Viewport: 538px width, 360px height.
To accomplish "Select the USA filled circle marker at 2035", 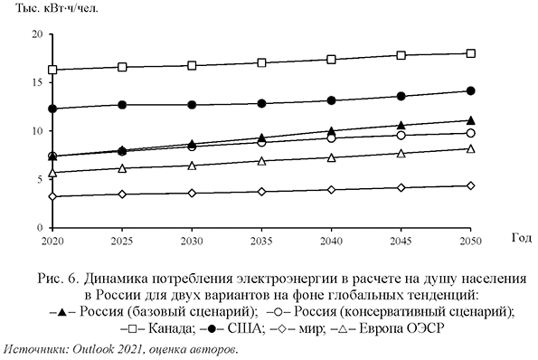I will [x=261, y=103].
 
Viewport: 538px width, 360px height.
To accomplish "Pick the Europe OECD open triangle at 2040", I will [x=332, y=157].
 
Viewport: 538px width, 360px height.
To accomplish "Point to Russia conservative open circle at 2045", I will [x=401, y=135].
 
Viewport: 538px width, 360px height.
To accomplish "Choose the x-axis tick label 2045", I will [x=398, y=242].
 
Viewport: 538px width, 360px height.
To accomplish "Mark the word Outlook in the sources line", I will [x=95, y=348].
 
